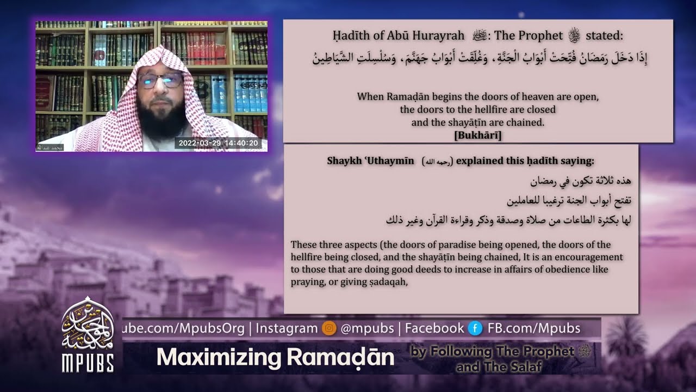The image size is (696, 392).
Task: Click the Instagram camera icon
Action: pyautogui.click(x=328, y=328)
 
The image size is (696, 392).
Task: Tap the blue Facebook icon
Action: pyautogui.click(x=475, y=328)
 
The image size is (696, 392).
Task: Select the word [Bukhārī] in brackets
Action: pyautogui.click(x=477, y=135)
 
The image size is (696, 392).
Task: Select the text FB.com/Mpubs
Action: pyautogui.click(x=534, y=328)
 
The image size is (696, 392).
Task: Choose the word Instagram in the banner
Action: pyautogui.click(x=287, y=328)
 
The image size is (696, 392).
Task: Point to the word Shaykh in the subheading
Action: pyautogui.click(x=343, y=161)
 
